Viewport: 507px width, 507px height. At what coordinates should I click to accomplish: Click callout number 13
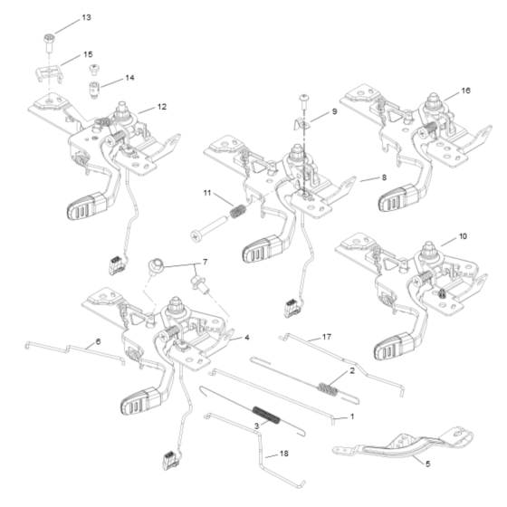coord(87,17)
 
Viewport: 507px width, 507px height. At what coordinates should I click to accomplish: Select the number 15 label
coord(89,54)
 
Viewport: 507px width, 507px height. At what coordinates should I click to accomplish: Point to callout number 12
coord(162,107)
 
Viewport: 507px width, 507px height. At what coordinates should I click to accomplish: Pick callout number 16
coord(466,91)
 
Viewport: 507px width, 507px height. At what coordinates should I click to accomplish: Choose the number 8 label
coord(385,179)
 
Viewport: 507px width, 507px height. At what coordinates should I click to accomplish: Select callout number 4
coord(245,338)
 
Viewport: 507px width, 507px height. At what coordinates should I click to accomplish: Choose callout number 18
coord(284,453)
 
